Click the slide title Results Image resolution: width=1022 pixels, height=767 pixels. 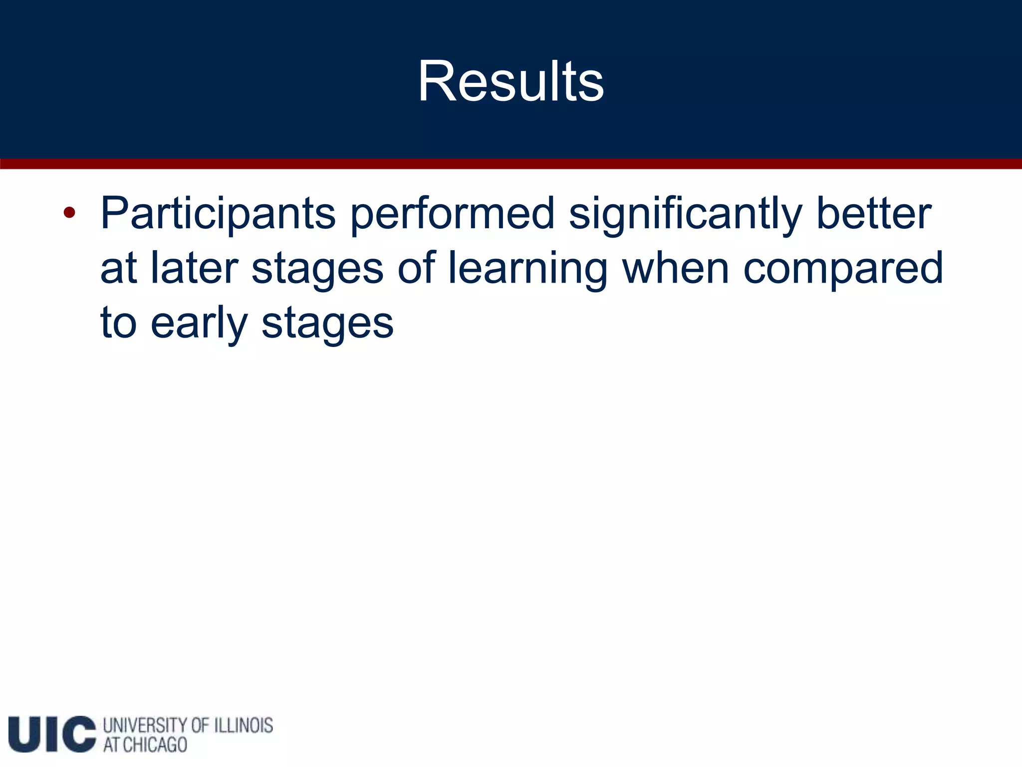(511, 81)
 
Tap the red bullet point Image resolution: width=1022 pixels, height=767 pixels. (69, 213)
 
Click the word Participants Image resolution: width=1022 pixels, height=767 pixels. (218, 214)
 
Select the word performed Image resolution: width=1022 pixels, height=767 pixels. (452, 214)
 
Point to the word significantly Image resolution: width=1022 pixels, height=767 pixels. (685, 214)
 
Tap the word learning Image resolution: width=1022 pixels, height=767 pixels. (527, 269)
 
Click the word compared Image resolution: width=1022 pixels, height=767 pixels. (843, 269)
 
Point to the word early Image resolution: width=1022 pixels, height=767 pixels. (199, 324)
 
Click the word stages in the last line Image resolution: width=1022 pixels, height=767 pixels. (327, 324)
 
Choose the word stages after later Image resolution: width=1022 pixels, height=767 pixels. (317, 269)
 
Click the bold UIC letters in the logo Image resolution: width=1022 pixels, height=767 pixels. (52, 734)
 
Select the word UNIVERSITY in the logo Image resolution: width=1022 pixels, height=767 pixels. (145, 725)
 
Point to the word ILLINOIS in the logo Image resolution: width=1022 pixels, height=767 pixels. (244, 725)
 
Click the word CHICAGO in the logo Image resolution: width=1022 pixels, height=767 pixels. (155, 745)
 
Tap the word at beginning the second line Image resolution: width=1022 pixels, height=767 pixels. (118, 269)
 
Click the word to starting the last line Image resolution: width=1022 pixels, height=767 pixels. (118, 324)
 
